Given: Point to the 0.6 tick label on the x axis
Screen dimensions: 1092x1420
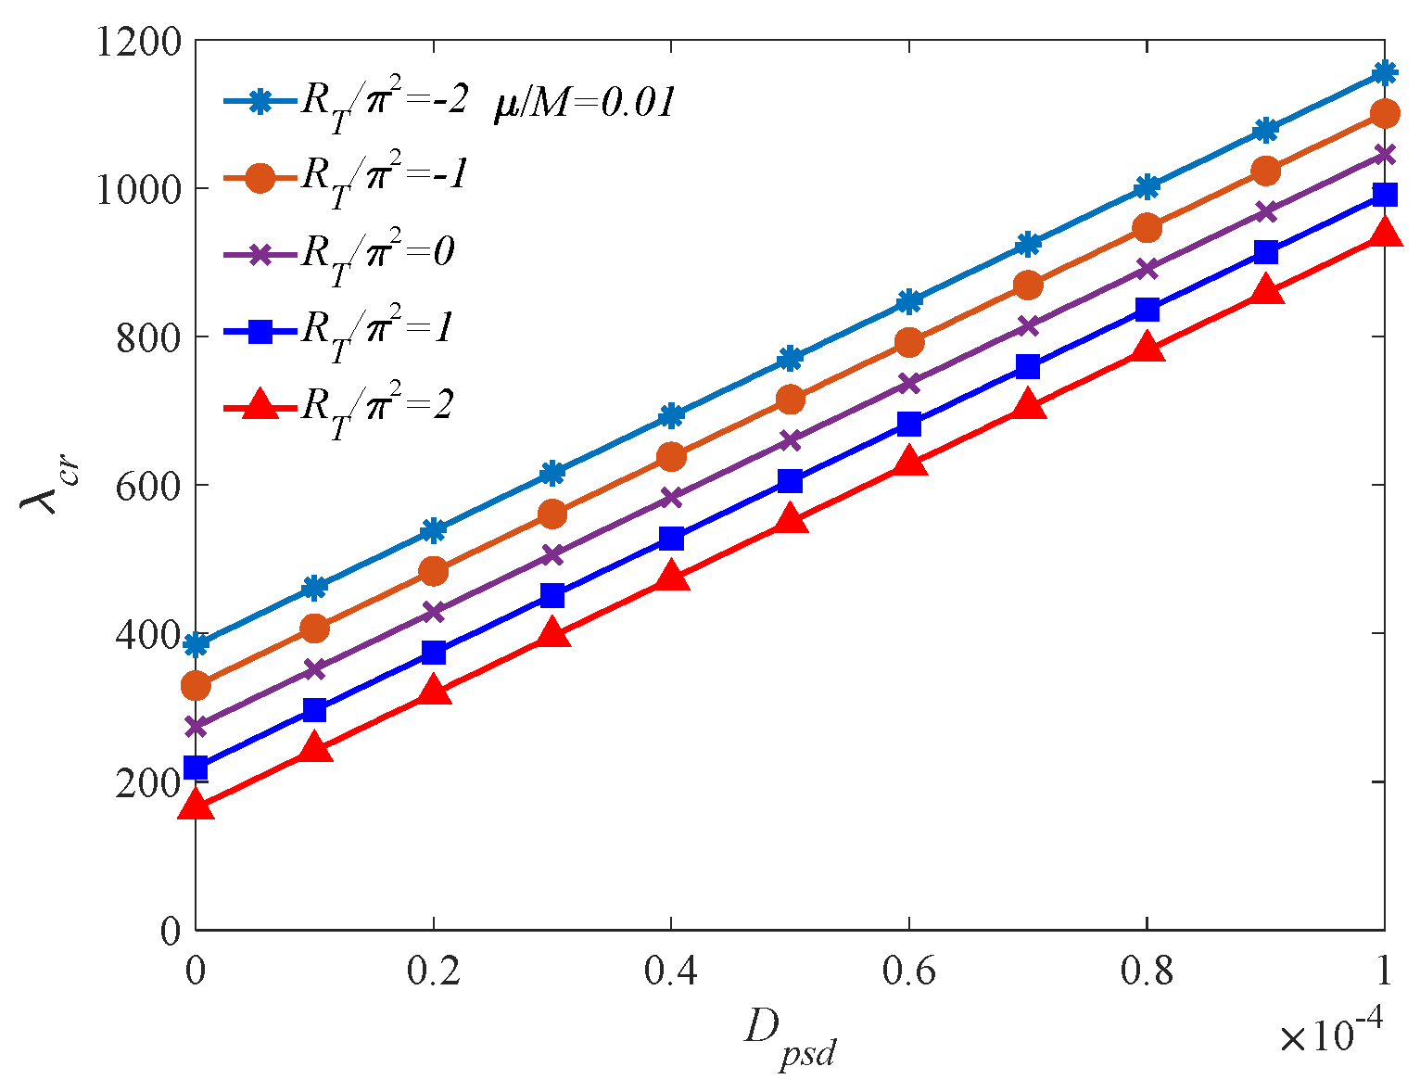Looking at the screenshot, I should [x=908, y=971].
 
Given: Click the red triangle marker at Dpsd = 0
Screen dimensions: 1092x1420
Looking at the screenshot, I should [x=196, y=805].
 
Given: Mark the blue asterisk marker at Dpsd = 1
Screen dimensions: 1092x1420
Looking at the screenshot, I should [x=1385, y=72].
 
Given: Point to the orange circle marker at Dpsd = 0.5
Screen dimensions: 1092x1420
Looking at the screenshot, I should [x=790, y=400].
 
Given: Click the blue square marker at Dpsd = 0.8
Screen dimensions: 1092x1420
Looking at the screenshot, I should [x=1147, y=310].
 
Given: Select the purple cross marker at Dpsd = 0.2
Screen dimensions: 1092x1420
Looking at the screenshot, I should [x=434, y=612].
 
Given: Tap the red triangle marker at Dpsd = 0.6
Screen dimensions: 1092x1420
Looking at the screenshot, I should [x=909, y=462].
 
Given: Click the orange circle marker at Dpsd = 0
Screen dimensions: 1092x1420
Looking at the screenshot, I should [x=196, y=686].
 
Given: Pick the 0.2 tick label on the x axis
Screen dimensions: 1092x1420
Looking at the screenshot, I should [x=433, y=971].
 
